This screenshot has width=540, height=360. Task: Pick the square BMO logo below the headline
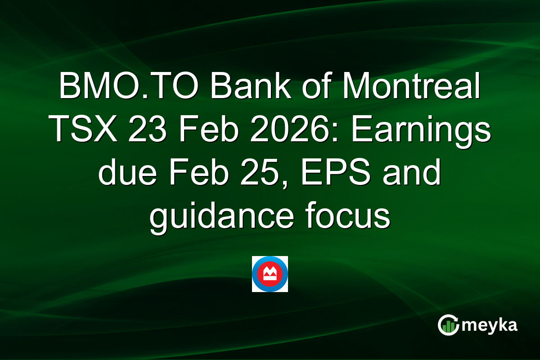(270, 274)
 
